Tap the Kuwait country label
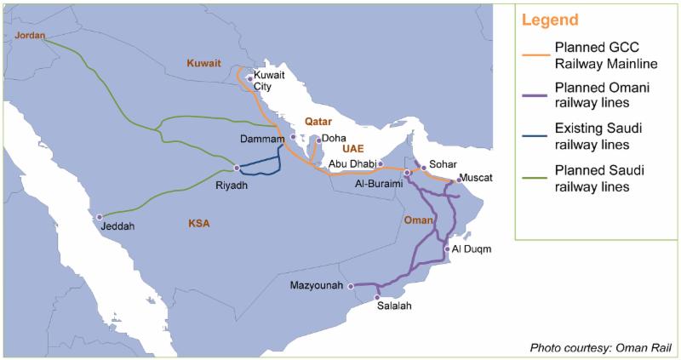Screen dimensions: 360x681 tap(203, 63)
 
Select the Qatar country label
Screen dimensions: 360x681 tap(318, 122)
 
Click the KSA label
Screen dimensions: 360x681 tap(199, 224)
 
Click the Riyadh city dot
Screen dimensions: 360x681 tap(237, 167)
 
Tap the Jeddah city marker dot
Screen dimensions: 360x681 tap(99, 217)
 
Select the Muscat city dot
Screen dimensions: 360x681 tap(458, 180)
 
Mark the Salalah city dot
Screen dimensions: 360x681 tap(377, 297)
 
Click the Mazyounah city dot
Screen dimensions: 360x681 tap(351, 286)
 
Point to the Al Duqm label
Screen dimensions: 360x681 tap(472, 249)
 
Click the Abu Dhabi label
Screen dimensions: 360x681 tap(353, 164)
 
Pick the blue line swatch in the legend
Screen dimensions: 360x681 tap(535, 139)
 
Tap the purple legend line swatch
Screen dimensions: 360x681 tap(535, 94)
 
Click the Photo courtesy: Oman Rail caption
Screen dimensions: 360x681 tap(600, 346)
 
